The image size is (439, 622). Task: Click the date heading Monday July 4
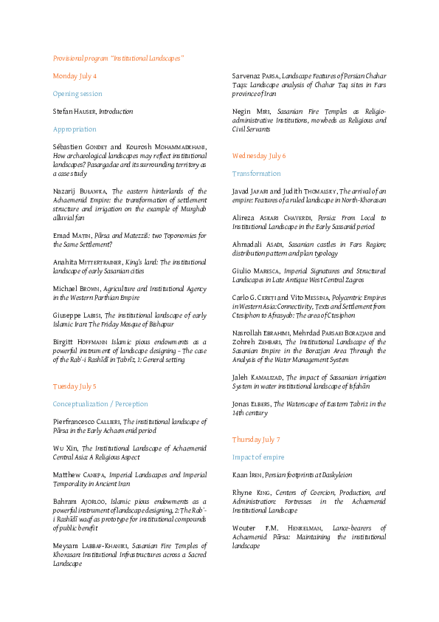[75, 76]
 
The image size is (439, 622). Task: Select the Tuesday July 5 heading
[75, 386]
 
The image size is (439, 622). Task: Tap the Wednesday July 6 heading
[259, 156]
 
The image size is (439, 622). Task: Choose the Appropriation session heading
[75, 129]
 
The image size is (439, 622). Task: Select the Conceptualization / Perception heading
[100, 404]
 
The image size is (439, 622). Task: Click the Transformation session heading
[256, 174]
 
